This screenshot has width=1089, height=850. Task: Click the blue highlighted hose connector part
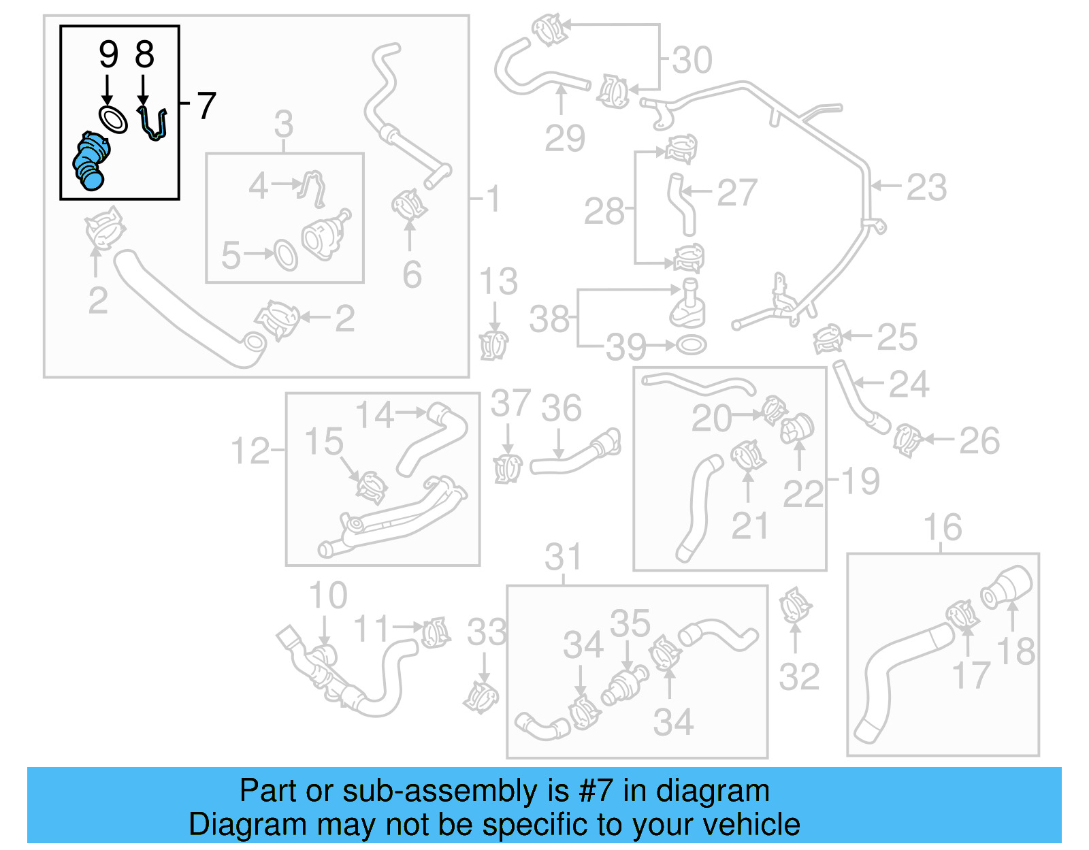(91, 161)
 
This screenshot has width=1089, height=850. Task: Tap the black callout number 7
(206, 106)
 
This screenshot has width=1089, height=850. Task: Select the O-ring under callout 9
(113, 120)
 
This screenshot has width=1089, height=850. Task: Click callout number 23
(926, 187)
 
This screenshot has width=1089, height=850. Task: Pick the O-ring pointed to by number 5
(286, 255)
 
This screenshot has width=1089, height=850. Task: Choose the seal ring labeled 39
(691, 345)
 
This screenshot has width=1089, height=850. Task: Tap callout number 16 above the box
(942, 527)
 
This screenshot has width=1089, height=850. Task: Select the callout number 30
(692, 60)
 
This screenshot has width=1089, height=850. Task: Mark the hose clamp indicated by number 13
(493, 344)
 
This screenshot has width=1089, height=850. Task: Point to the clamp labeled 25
(828, 338)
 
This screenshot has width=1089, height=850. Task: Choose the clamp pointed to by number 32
(794, 605)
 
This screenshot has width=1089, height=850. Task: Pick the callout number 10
(327, 595)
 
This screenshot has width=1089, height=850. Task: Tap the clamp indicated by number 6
(409, 203)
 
